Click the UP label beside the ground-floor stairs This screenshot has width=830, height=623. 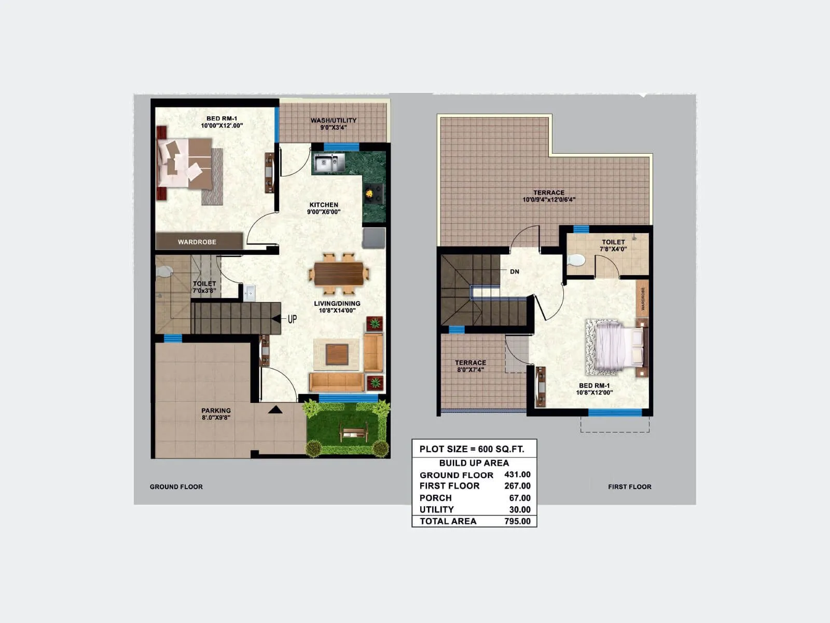(292, 319)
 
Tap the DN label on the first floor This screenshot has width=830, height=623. (514, 272)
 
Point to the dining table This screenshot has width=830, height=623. (339, 274)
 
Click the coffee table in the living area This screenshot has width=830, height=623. (337, 355)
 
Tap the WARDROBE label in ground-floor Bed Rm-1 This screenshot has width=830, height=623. (197, 242)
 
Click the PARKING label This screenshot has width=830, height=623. (216, 411)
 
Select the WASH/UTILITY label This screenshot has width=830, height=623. (334, 120)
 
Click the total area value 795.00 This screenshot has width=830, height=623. (517, 521)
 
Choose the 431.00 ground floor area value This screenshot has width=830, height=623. (517, 475)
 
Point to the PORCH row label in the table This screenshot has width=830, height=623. (435, 498)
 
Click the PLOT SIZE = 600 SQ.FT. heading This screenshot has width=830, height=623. (472, 449)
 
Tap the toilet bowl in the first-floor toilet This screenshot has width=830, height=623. (575, 260)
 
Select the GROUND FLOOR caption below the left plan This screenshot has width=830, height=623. (176, 487)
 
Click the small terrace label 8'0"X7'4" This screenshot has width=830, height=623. (471, 370)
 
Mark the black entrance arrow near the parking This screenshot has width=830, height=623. (275, 410)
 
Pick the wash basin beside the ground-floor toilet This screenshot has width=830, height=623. (249, 293)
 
